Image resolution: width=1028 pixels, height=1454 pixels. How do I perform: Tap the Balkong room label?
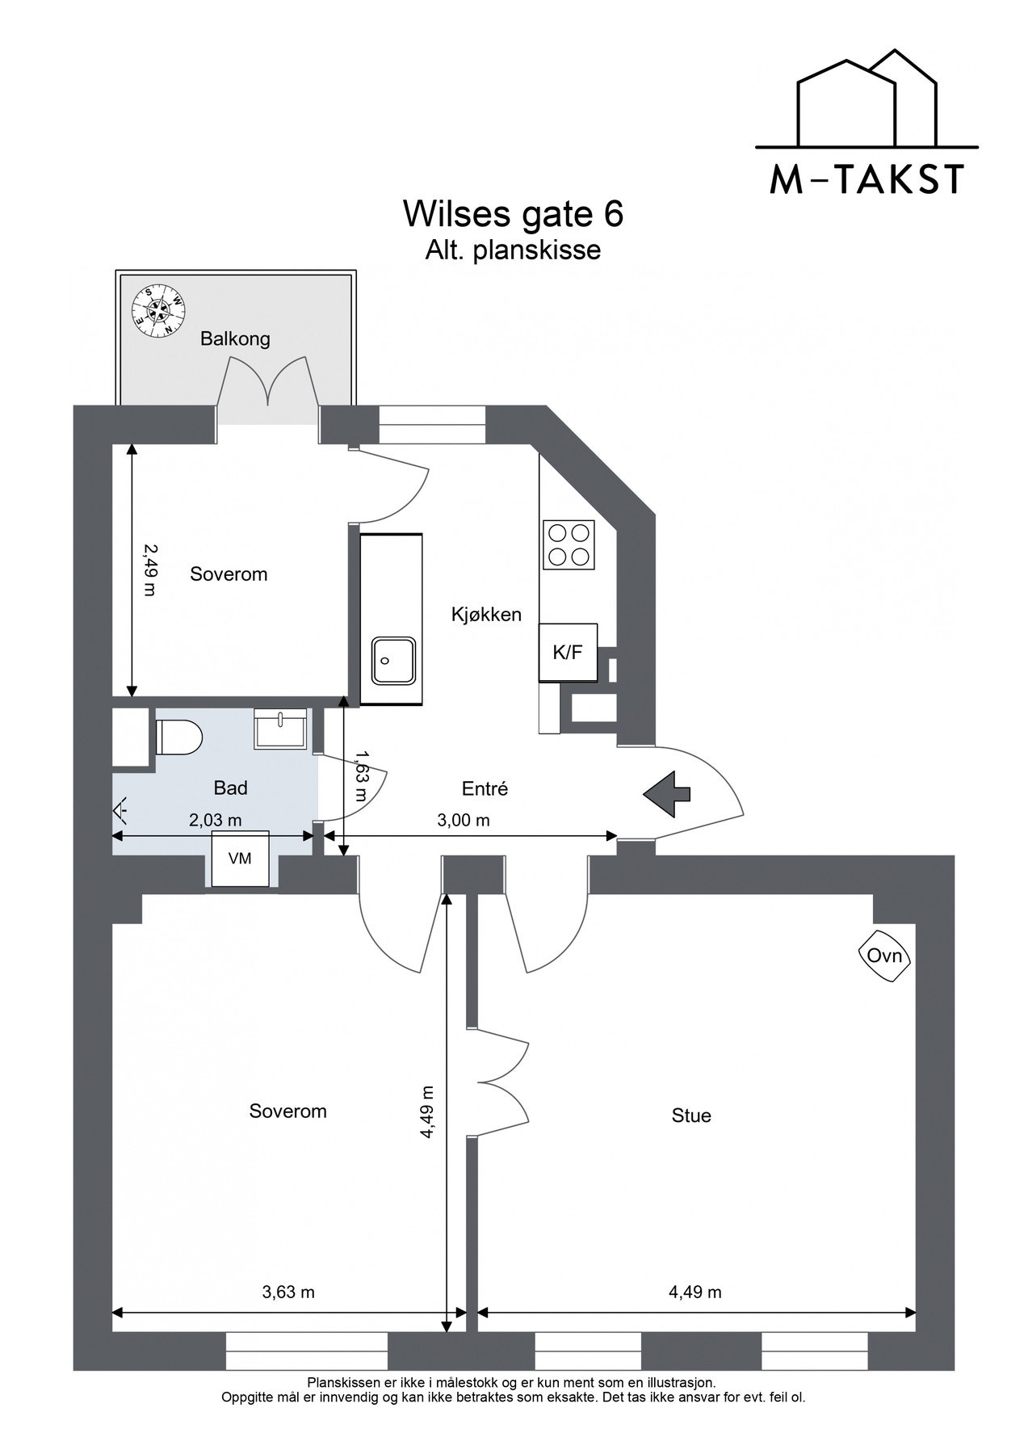tap(235, 338)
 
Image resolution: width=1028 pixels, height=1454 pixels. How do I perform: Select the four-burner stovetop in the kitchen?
tap(569, 544)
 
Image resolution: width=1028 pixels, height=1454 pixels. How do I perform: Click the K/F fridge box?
tap(568, 653)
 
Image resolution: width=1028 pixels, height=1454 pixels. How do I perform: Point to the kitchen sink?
tap(393, 660)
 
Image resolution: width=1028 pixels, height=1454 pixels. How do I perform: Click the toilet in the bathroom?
tap(178, 737)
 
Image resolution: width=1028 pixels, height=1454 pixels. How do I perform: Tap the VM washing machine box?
tap(240, 859)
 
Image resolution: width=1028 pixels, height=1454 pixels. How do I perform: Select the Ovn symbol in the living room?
tap(884, 956)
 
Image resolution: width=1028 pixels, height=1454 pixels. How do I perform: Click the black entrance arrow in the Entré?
tap(667, 794)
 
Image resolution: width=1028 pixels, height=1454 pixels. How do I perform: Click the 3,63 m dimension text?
tap(288, 1292)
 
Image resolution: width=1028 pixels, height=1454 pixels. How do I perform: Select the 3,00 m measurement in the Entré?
tap(464, 821)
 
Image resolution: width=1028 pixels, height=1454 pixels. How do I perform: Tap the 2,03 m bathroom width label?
tap(215, 821)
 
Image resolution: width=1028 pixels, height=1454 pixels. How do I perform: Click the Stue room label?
tap(691, 1116)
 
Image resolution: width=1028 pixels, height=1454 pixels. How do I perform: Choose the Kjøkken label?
tap(486, 615)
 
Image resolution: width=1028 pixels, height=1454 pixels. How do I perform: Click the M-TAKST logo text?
tap(866, 179)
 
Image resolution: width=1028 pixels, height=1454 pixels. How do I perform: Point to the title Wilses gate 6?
tap(514, 214)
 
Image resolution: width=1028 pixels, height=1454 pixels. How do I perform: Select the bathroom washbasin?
tap(280, 729)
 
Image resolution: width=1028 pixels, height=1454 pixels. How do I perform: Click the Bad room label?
tap(230, 788)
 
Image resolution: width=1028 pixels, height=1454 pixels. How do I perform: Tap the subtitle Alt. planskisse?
tap(514, 250)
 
